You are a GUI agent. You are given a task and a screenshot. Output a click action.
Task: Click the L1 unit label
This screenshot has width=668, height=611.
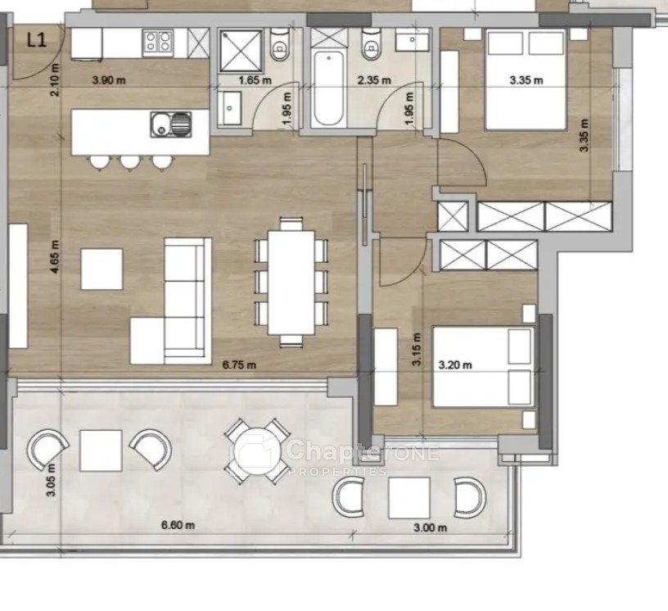36,40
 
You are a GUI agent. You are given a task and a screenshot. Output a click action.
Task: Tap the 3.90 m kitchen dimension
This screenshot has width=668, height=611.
109,80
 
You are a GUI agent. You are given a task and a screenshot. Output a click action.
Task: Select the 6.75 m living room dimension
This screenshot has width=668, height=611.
239,365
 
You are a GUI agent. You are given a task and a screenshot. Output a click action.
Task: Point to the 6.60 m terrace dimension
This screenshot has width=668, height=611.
178,525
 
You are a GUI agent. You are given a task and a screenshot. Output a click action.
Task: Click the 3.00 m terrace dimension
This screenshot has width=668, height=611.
431,527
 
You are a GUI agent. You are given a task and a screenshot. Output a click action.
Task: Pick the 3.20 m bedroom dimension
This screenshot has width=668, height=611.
455,365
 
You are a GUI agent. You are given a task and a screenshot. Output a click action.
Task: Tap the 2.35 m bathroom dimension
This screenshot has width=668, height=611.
374,80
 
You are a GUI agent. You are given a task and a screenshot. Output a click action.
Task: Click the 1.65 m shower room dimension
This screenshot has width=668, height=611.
255,80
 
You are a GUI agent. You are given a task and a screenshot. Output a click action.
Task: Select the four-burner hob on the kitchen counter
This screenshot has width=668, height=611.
159,43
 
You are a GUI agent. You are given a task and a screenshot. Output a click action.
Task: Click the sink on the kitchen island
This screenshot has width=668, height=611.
171,124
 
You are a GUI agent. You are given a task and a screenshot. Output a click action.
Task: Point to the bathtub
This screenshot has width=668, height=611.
327,89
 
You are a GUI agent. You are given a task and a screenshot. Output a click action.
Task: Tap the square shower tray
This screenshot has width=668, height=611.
241,50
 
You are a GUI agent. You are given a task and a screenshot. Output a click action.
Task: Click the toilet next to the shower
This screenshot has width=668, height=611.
280,44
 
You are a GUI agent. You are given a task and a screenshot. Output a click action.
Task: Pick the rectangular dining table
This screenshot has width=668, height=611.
291,283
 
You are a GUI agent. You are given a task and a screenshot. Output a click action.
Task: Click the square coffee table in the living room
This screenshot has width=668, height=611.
102,269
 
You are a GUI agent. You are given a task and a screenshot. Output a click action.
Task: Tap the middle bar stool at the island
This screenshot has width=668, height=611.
130,162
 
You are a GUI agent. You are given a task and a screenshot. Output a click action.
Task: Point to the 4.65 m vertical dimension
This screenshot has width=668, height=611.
55,256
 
